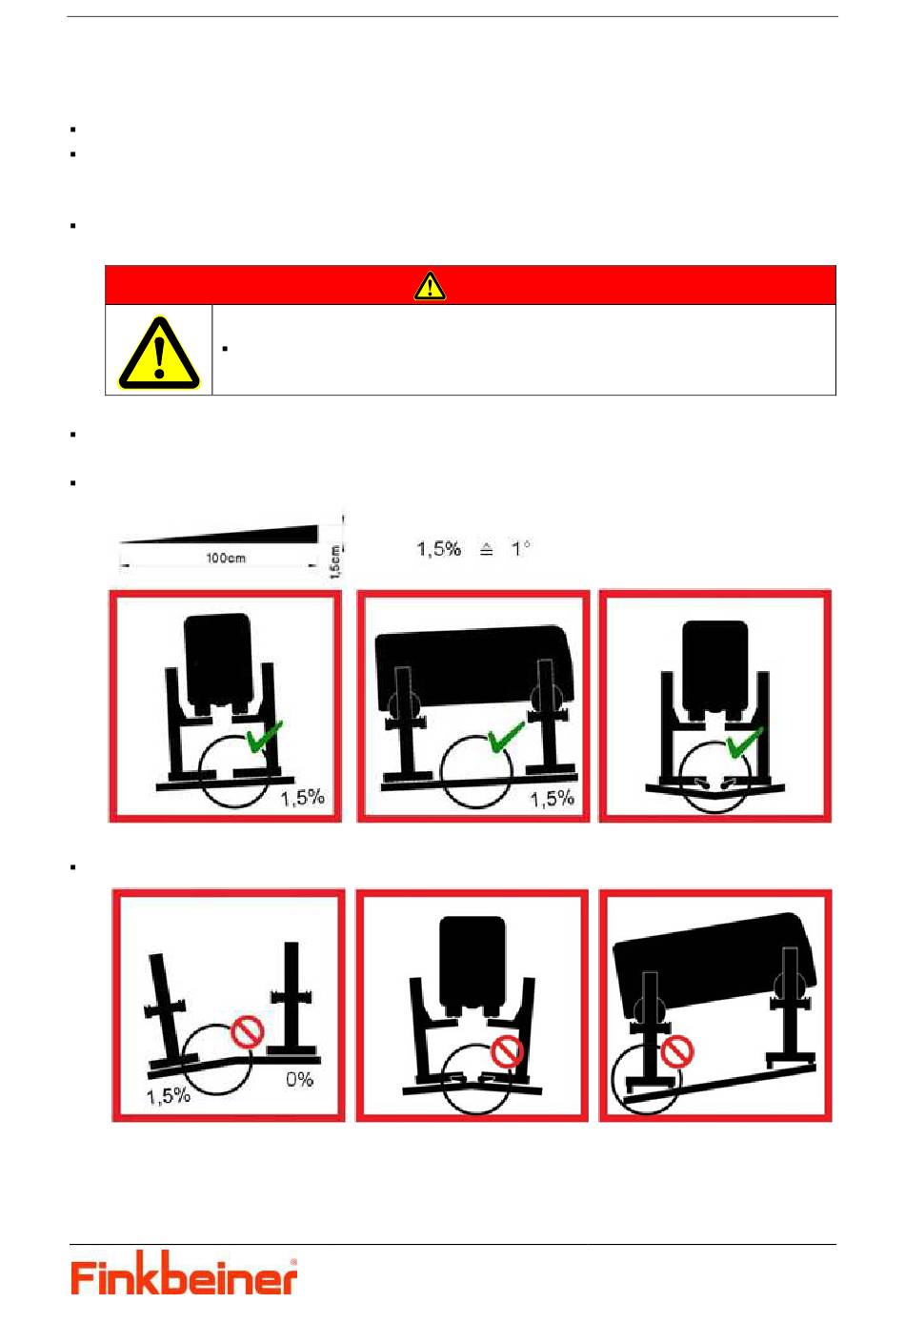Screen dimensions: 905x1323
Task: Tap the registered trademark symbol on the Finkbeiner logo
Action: (x=293, y=1263)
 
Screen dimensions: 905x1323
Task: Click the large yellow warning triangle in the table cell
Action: (x=159, y=353)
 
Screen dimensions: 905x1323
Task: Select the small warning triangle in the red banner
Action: (x=430, y=285)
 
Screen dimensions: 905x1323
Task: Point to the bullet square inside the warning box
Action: (x=225, y=349)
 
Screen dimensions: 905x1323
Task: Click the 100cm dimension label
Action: (x=226, y=558)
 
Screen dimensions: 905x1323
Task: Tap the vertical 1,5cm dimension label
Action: (x=334, y=561)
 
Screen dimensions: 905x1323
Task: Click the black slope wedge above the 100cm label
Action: (x=219, y=534)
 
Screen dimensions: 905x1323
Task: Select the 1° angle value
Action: (x=520, y=549)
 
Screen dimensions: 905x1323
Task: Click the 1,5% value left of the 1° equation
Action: (x=438, y=549)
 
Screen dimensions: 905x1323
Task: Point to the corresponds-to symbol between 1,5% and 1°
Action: (x=486, y=549)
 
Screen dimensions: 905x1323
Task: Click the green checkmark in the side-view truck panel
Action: (x=507, y=737)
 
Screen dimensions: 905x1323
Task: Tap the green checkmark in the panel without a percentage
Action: (x=744, y=742)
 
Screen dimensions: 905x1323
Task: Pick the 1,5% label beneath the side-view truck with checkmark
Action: (x=552, y=799)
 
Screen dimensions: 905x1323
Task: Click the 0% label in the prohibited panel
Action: (x=299, y=1079)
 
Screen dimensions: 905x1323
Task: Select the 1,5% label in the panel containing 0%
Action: (x=169, y=1096)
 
